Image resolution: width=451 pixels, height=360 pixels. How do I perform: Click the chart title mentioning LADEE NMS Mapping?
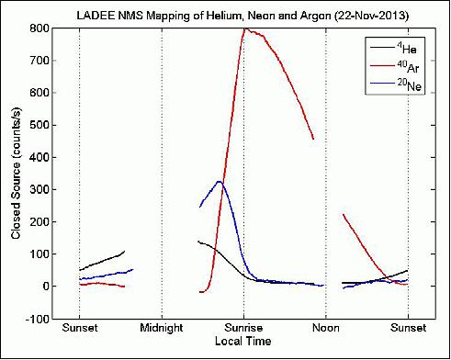tap(242, 16)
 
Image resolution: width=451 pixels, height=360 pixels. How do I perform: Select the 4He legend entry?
tap(394, 48)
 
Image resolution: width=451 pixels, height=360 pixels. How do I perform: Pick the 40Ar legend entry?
tap(394, 67)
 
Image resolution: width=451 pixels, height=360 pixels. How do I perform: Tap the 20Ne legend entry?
tap(396, 84)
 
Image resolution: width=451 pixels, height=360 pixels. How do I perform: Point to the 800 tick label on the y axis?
tap(39, 28)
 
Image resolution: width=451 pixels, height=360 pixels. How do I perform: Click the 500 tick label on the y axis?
tap(39, 125)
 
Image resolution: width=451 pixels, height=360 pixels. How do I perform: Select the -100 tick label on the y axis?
tap(37, 319)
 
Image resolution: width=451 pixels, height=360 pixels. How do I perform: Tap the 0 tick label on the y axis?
tap(46, 287)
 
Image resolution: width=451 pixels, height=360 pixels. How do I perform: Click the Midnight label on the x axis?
tap(162, 328)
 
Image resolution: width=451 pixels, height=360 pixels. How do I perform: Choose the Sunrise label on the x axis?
tap(243, 328)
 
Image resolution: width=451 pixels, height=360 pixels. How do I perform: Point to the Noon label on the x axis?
tap(326, 328)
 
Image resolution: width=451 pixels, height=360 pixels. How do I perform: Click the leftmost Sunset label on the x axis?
tap(80, 328)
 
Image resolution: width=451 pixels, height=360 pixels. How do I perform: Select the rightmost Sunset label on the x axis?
tap(408, 328)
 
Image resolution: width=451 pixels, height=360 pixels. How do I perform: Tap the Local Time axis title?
tap(242, 341)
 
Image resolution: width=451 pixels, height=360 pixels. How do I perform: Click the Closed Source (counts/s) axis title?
tap(16, 174)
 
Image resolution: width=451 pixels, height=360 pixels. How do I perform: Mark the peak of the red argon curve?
tap(245, 28)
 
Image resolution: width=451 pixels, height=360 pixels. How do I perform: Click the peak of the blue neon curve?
tap(220, 181)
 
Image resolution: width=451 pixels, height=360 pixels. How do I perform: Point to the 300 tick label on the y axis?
tap(39, 189)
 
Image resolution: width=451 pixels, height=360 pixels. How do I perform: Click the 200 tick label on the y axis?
tap(39, 221)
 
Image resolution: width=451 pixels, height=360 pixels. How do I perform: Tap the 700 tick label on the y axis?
tap(39, 61)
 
